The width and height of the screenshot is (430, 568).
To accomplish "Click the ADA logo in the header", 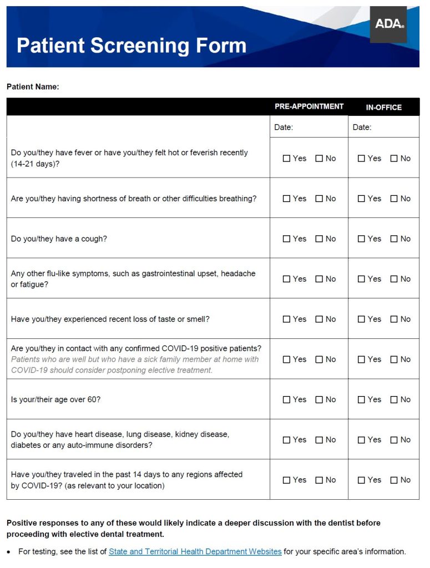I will click(x=388, y=24).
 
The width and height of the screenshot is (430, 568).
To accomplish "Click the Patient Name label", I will click(x=33, y=87).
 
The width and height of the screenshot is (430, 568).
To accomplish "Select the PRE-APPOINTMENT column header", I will click(x=309, y=106).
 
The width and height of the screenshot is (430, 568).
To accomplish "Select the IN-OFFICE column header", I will click(x=383, y=107).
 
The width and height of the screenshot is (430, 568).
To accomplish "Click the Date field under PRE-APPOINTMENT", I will click(x=309, y=127).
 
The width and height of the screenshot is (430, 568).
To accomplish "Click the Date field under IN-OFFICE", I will click(x=384, y=127).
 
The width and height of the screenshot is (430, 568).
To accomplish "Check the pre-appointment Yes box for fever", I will click(x=286, y=159).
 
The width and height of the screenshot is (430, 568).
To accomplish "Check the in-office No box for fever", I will click(x=394, y=159).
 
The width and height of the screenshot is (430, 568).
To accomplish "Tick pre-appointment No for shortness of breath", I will click(x=319, y=199).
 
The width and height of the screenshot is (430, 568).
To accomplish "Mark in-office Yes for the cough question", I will click(x=361, y=239).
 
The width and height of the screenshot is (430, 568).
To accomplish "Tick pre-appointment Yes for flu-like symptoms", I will click(x=286, y=279).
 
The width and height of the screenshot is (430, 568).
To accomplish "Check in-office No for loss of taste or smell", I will click(x=394, y=319).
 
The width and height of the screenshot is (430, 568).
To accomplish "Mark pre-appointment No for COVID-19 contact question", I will click(x=319, y=359).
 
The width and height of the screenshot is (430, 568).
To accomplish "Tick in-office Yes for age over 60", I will click(x=361, y=400).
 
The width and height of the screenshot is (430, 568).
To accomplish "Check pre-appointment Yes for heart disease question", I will click(x=286, y=440).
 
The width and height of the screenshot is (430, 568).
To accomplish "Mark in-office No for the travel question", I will click(x=394, y=480).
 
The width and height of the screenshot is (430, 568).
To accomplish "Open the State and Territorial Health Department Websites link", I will click(x=195, y=552).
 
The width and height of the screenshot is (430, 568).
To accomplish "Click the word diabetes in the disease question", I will click(x=27, y=445).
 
